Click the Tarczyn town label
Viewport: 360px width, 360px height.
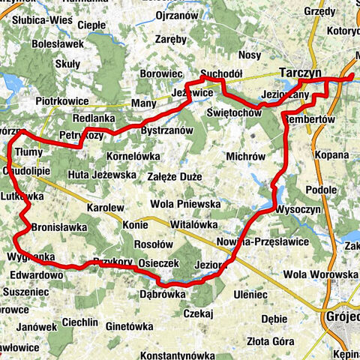[x=299, y=71]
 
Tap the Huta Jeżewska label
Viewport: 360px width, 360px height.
[x=100, y=174]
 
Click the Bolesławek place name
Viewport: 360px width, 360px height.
[x=56, y=45]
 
